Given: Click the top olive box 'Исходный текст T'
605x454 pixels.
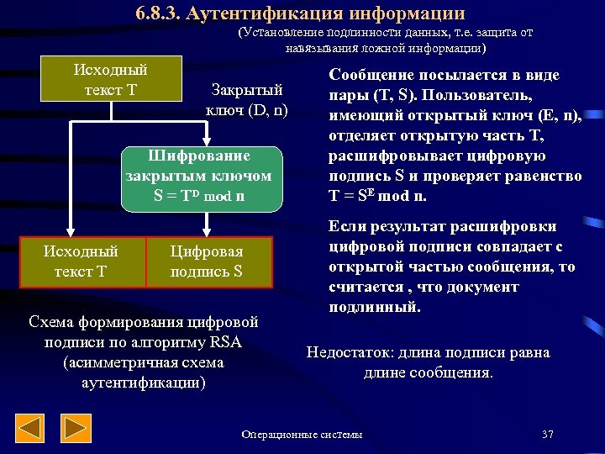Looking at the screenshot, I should (x=104, y=78).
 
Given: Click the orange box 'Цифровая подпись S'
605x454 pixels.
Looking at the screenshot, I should (x=207, y=261).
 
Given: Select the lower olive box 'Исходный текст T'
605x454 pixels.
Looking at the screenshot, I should (x=81, y=261).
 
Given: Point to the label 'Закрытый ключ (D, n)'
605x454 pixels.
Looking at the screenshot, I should (x=246, y=99).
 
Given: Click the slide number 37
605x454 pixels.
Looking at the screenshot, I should (x=548, y=435).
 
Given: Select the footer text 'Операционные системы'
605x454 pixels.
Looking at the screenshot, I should (x=302, y=435).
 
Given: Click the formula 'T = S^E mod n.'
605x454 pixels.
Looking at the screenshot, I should (x=377, y=197).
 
